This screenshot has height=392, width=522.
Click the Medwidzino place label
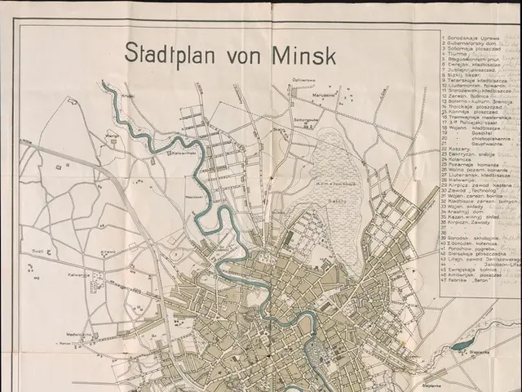click(77, 333)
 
